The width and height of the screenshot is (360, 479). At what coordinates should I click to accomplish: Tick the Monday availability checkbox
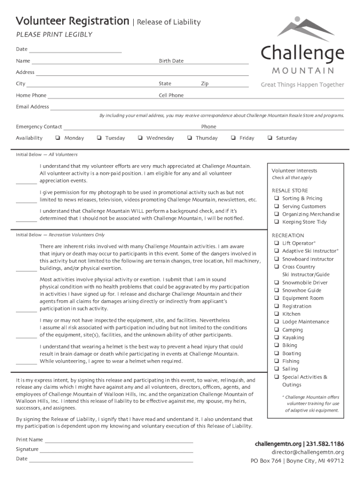(x=57, y=138)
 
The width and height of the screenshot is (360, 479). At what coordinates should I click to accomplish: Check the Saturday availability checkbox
(x=269, y=138)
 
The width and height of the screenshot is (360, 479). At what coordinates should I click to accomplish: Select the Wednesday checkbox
(x=140, y=138)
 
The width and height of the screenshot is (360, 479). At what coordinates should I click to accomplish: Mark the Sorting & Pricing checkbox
(x=277, y=198)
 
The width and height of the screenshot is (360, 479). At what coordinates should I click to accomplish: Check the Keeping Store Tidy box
(x=277, y=222)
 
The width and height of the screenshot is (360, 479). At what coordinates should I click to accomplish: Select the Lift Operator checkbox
(x=277, y=243)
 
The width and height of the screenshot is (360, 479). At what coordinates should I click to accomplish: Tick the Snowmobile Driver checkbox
(x=277, y=283)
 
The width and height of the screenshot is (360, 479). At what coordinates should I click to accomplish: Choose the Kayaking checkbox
(x=277, y=338)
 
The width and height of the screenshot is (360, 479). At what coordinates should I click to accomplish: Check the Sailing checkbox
(x=277, y=369)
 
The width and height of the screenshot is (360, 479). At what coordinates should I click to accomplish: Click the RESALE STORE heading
(x=290, y=191)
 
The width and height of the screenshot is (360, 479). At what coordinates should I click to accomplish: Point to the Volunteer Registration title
(x=72, y=21)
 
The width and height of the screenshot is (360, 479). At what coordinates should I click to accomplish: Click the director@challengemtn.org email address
(x=308, y=452)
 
